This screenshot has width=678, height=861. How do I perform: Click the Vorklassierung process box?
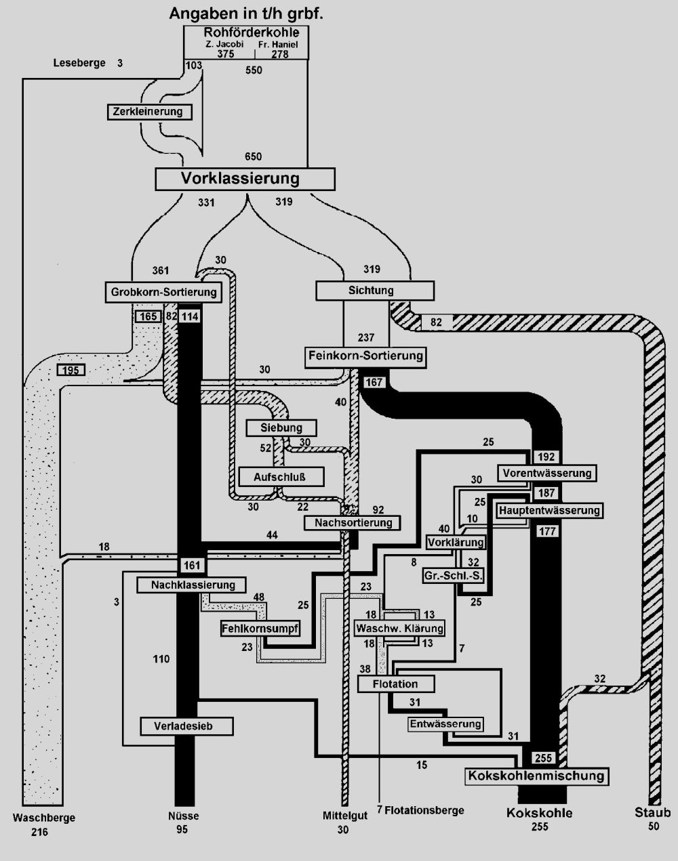click(245, 179)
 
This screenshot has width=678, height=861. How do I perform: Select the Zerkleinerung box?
click(149, 112)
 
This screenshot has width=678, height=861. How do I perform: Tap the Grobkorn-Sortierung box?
click(164, 292)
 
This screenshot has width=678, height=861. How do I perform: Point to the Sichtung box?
click(375, 291)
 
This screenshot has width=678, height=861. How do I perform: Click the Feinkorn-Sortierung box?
click(365, 356)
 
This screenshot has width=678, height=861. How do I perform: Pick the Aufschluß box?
click(280, 476)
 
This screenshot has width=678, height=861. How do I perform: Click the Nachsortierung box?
click(353, 523)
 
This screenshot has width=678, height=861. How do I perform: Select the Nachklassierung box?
click(191, 585)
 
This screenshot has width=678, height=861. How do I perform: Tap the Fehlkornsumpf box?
click(260, 629)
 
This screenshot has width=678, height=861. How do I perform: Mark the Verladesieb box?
click(187, 726)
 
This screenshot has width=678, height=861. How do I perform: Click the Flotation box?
click(396, 684)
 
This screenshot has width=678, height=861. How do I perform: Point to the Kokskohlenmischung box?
click(536, 776)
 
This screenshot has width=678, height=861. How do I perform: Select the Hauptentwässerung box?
click(549, 510)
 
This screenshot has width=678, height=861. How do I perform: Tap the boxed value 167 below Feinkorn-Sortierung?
click(374, 382)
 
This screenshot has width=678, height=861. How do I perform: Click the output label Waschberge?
click(44, 818)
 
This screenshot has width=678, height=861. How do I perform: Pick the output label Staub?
click(652, 813)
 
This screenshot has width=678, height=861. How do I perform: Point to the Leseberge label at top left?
click(79, 64)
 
